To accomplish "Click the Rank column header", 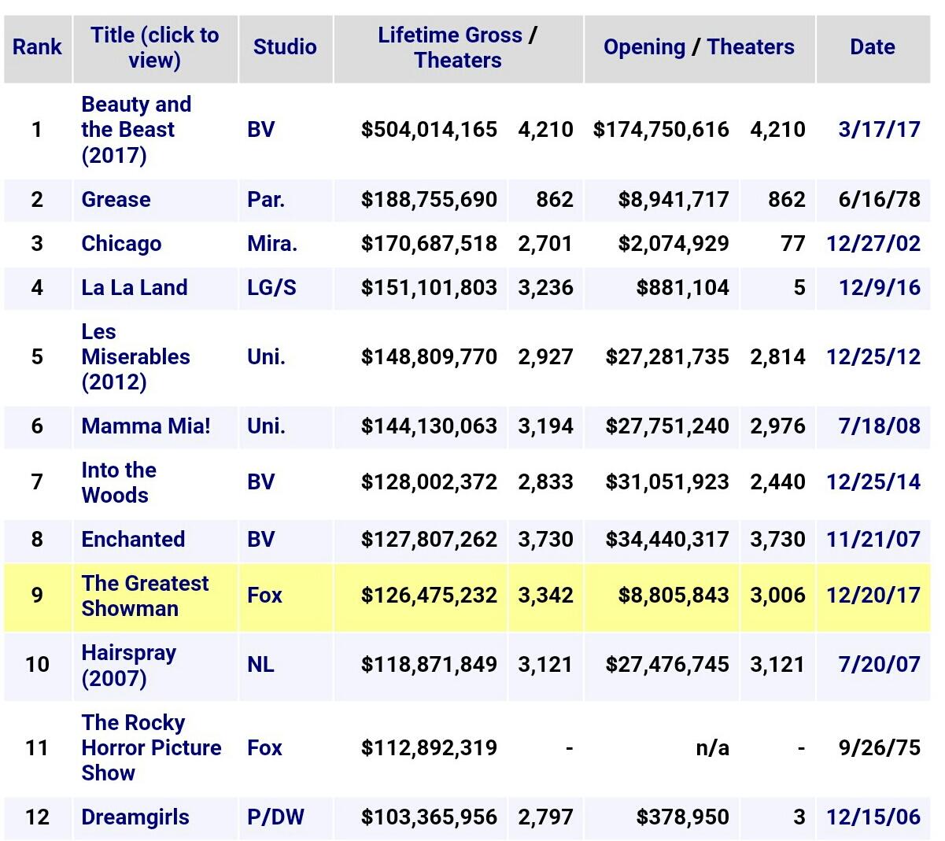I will (37, 47).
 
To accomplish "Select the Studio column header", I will (285, 47).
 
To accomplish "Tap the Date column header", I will (872, 47).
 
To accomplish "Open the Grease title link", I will (116, 199).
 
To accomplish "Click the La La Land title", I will (135, 287).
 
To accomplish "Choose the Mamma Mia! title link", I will (146, 426).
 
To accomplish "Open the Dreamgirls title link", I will (135, 817).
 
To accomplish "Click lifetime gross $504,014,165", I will (429, 129).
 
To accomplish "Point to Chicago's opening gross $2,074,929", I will (674, 243).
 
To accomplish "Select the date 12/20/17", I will (873, 595).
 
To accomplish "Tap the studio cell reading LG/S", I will (271, 287).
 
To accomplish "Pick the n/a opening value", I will (712, 747).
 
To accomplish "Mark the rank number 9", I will (37, 595).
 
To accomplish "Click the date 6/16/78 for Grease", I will (879, 199).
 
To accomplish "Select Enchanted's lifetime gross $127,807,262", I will (429, 539).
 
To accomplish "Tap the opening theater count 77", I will (792, 243).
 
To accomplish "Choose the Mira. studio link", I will (272, 243).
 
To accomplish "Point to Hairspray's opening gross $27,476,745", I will (667, 664).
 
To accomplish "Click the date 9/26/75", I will (879, 747).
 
